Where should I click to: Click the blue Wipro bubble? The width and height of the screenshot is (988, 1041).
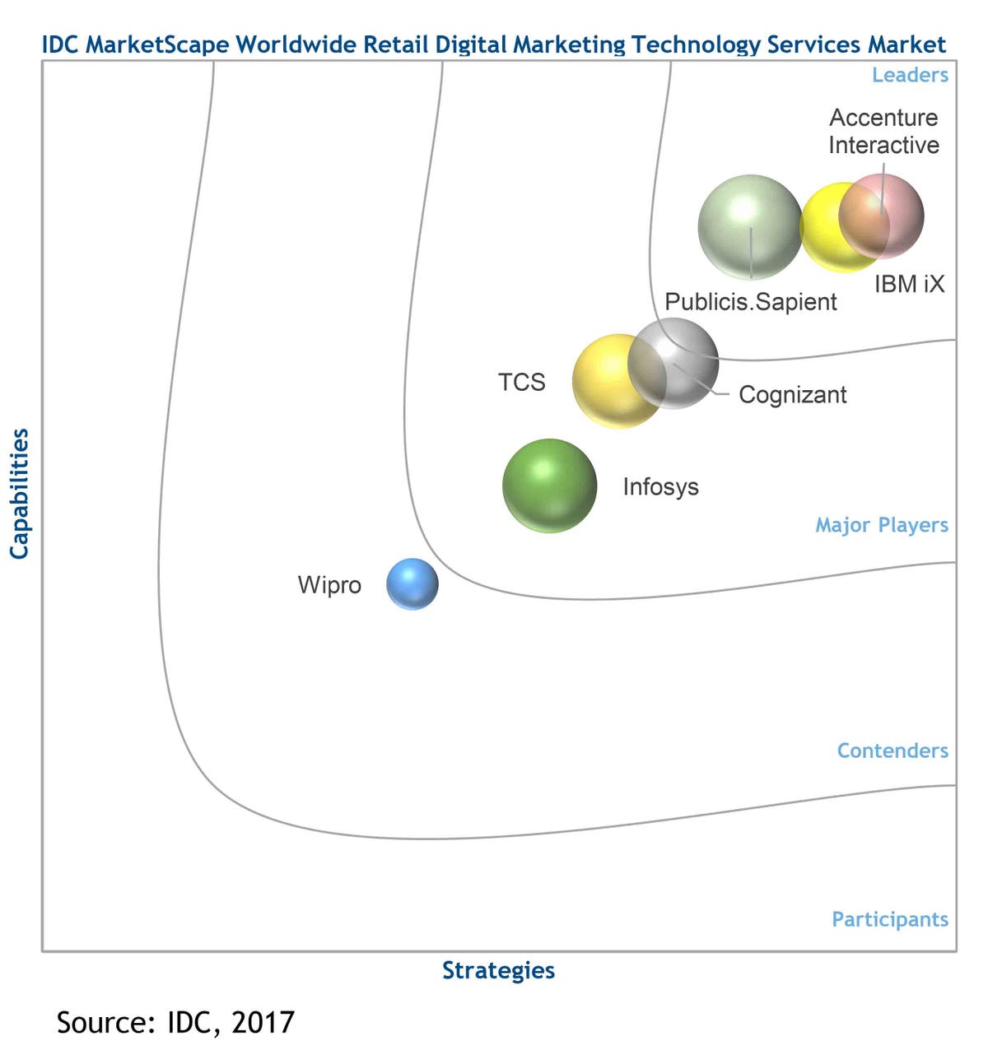pyautogui.click(x=412, y=584)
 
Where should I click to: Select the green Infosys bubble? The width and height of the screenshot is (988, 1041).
pyautogui.click(x=549, y=486)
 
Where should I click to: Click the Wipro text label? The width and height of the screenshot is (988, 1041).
pyautogui.click(x=329, y=585)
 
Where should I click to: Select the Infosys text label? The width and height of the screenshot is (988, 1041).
pyautogui.click(x=660, y=486)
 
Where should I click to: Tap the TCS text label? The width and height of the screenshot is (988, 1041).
pyautogui.click(x=521, y=382)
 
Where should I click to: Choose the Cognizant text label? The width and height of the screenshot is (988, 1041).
pyautogui.click(x=792, y=395)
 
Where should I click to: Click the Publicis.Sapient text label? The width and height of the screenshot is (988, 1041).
pyautogui.click(x=750, y=302)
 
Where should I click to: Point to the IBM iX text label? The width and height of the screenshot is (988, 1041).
pyautogui.click(x=909, y=284)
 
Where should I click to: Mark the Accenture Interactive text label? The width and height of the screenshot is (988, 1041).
pyautogui.click(x=883, y=132)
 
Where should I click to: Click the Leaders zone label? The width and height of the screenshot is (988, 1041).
pyautogui.click(x=910, y=75)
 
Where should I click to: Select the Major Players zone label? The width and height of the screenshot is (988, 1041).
pyautogui.click(x=882, y=525)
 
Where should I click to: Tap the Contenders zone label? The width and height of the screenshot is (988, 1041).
pyautogui.click(x=892, y=751)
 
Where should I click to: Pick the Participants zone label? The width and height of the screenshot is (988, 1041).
pyautogui.click(x=890, y=919)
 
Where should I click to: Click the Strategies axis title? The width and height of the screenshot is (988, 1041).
pyautogui.click(x=498, y=970)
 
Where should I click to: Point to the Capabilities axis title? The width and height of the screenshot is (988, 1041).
pyautogui.click(x=19, y=494)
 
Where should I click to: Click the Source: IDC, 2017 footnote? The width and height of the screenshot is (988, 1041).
pyautogui.click(x=175, y=1022)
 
